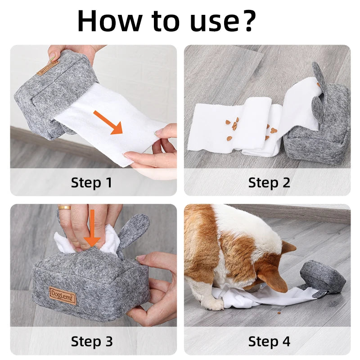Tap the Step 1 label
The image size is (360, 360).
tap(91, 183)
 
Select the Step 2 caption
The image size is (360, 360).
tap(269, 183)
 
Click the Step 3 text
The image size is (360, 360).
tap(91, 342)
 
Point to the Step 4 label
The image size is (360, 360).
tap(269, 342)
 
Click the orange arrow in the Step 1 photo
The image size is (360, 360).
tap(109, 121)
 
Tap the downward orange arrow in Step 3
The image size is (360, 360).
tap(92, 227)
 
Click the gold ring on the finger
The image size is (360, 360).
tap(64, 208)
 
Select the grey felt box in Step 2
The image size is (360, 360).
tap(317, 135)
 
